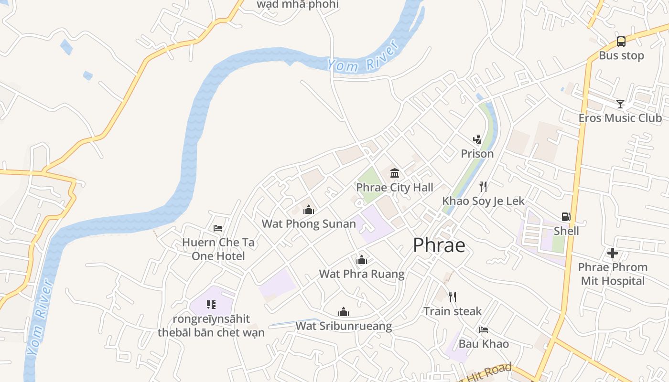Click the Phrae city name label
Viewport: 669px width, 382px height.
click(439, 245)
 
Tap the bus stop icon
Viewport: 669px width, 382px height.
click(621, 42)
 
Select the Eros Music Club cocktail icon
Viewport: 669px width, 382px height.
click(620, 104)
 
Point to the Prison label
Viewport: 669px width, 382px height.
click(477, 154)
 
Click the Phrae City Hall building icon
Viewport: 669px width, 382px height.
click(395, 173)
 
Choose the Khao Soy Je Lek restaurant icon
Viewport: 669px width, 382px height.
click(483, 186)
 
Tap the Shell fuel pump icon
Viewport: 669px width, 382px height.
click(566, 217)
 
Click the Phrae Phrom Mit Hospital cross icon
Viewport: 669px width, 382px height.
click(613, 253)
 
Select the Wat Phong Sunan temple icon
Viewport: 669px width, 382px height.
click(309, 209)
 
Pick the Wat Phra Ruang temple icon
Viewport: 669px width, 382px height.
click(362, 260)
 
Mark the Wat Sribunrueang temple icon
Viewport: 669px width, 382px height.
click(343, 312)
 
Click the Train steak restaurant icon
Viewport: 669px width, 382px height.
click(452, 297)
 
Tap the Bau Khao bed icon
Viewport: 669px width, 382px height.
click(483, 329)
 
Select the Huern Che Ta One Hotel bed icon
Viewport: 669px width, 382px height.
click(218, 228)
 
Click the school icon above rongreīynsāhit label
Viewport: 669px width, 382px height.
click(211, 304)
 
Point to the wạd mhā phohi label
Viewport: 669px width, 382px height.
click(298, 5)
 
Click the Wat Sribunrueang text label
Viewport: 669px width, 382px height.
click(344, 326)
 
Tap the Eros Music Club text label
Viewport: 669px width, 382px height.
click(620, 118)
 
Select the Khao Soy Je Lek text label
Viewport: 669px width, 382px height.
click(483, 201)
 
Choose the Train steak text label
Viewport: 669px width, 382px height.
click(452, 311)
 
